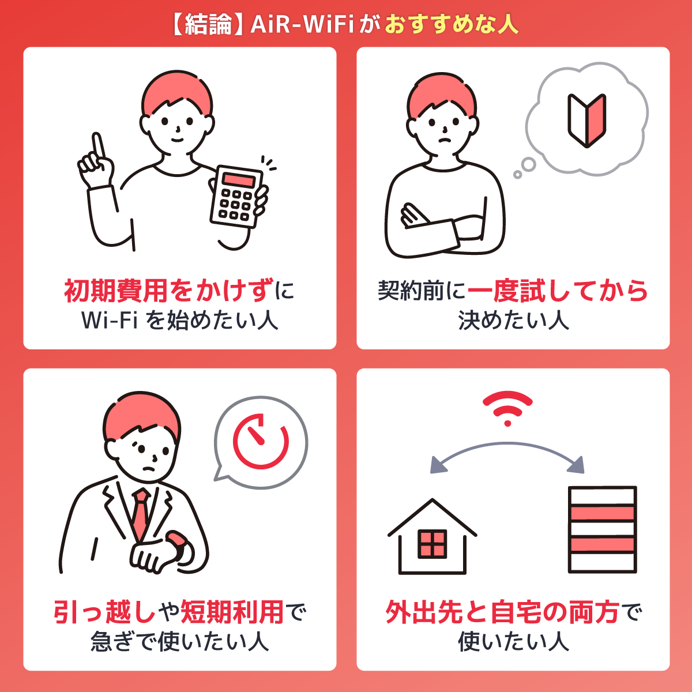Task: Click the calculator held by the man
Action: (x=236, y=196)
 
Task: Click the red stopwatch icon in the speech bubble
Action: (x=261, y=441)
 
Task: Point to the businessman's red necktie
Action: (x=140, y=513)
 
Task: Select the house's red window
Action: (x=432, y=543)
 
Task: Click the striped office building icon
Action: (x=603, y=529)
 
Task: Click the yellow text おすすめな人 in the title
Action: (x=452, y=25)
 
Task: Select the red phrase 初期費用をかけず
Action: (x=168, y=291)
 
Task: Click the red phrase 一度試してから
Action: (x=557, y=291)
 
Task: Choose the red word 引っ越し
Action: (x=105, y=612)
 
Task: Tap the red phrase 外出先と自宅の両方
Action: (x=502, y=612)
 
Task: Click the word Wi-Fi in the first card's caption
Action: (x=110, y=320)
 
